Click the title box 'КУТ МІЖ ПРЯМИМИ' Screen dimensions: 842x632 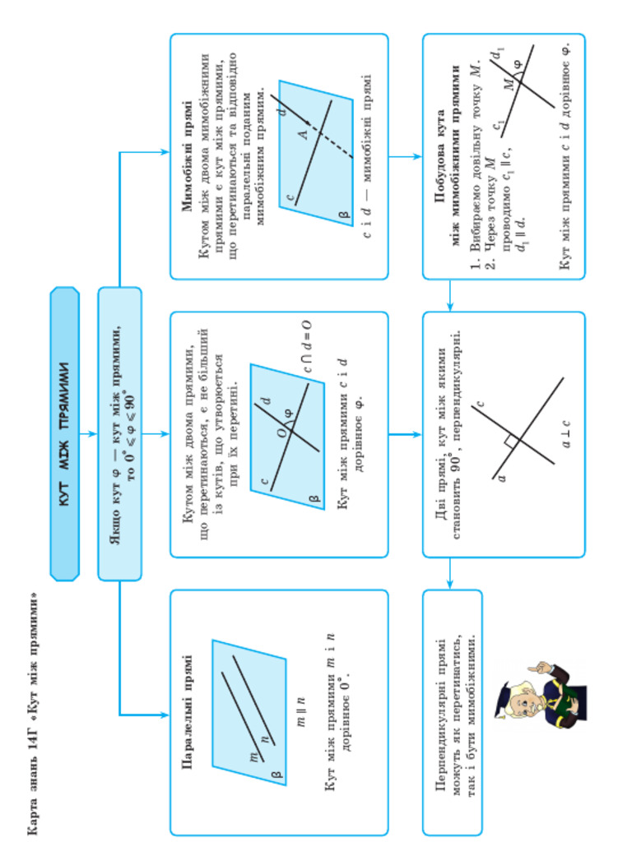pos(65,433)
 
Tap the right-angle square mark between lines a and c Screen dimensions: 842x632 pos(511,442)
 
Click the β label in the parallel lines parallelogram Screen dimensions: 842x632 pos(277,773)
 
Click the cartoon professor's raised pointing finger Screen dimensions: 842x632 pos(532,667)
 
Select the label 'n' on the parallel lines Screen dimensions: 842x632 pos(264,738)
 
